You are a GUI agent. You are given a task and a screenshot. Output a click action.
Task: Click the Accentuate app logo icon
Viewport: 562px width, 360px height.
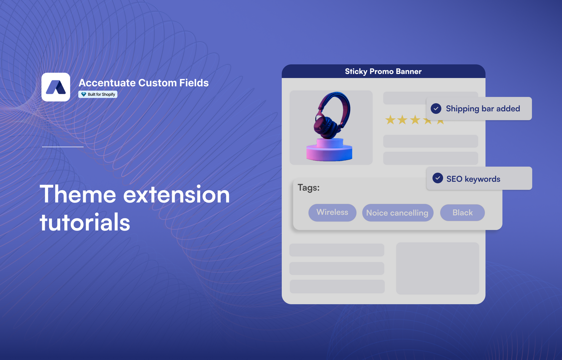point(56,87)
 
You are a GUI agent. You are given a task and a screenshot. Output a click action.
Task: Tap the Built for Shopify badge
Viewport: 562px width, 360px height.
point(98,94)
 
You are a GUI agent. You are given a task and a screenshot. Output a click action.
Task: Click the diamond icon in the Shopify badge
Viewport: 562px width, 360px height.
point(84,94)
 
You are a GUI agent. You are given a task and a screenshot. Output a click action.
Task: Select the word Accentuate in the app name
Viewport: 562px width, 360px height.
point(107,83)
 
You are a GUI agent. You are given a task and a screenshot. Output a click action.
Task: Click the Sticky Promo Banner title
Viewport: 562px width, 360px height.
point(383,71)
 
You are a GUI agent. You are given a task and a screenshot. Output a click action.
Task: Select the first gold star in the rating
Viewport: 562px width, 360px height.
point(390,120)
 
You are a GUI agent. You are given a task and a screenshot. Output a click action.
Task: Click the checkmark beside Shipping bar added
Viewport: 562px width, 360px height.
point(436,109)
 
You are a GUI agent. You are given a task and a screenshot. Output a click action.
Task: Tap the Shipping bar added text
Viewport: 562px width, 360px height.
point(483,109)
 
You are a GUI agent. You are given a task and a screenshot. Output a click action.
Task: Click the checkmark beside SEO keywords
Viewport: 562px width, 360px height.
point(438,178)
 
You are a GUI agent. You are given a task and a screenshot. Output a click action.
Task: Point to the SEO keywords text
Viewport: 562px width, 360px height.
point(473,179)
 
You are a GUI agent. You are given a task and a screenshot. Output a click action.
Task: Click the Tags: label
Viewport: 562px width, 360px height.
point(309,187)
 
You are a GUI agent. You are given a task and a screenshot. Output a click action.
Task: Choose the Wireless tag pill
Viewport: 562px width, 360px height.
point(332,212)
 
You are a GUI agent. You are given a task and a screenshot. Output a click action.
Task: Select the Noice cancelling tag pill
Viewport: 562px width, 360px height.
point(397,213)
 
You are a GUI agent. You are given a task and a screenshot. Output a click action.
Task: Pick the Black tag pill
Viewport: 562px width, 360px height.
point(462,212)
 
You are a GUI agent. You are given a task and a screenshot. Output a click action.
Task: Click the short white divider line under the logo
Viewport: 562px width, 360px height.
point(63,147)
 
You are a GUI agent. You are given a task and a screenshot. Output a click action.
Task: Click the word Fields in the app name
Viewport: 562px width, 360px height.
point(194,83)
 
